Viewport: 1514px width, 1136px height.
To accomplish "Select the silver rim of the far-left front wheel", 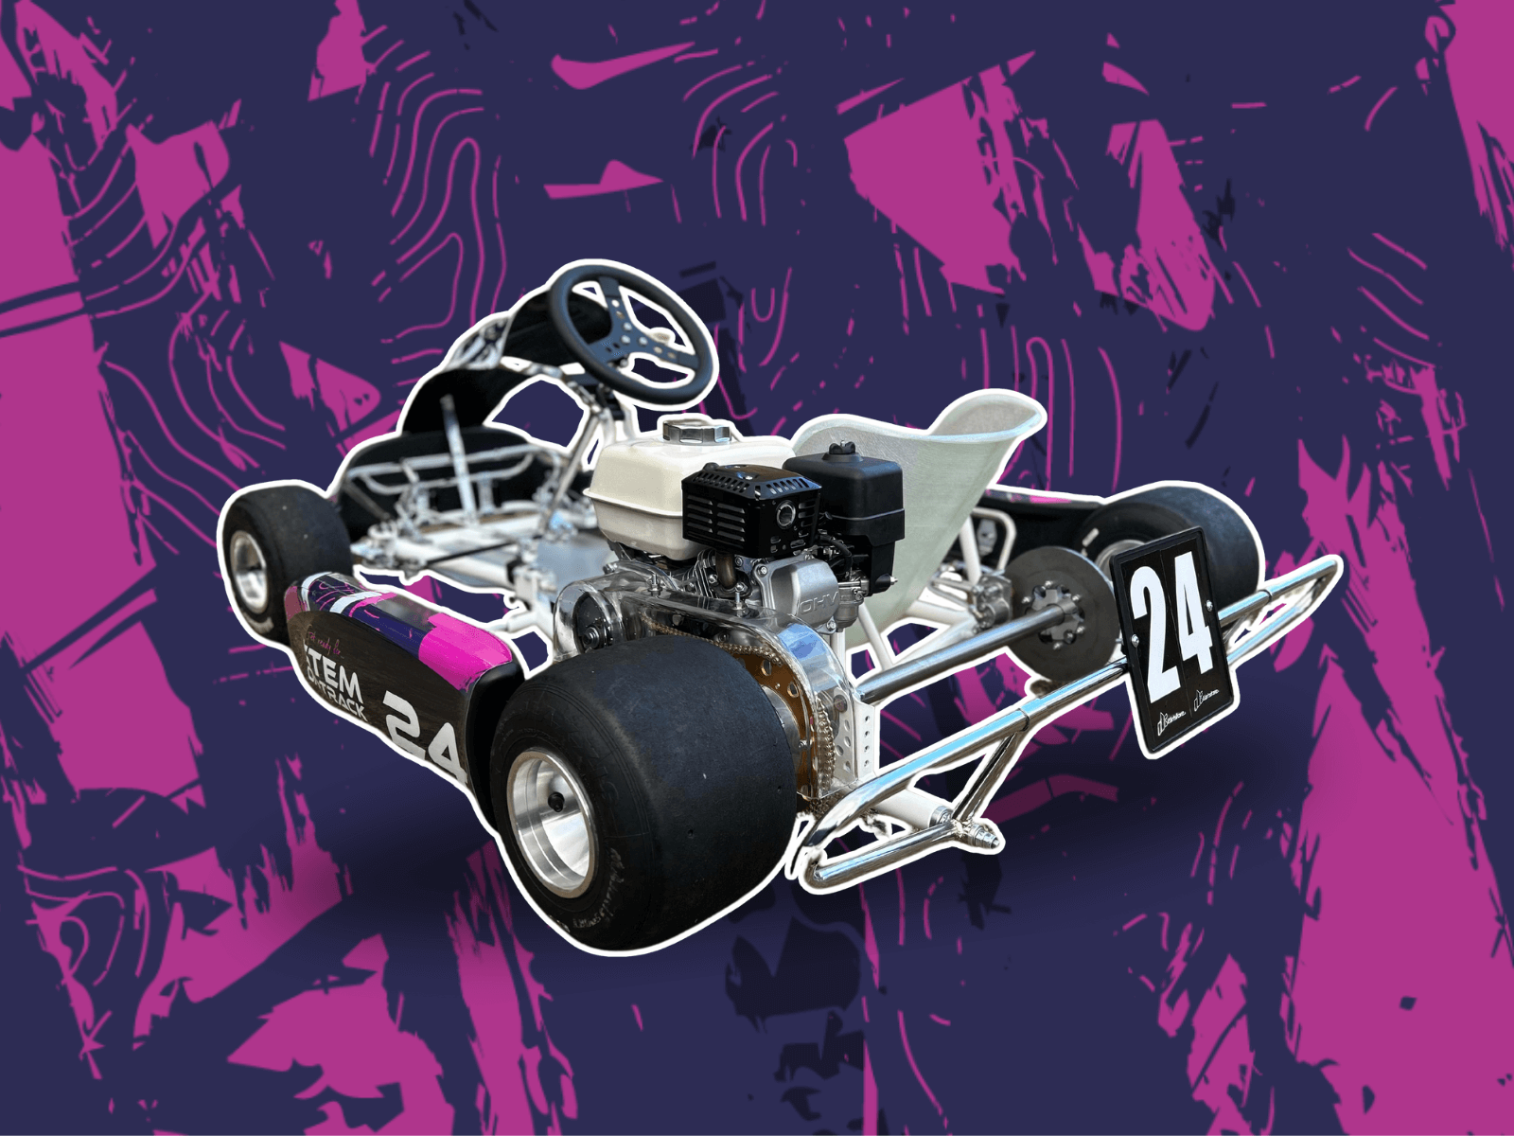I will [249, 568].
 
